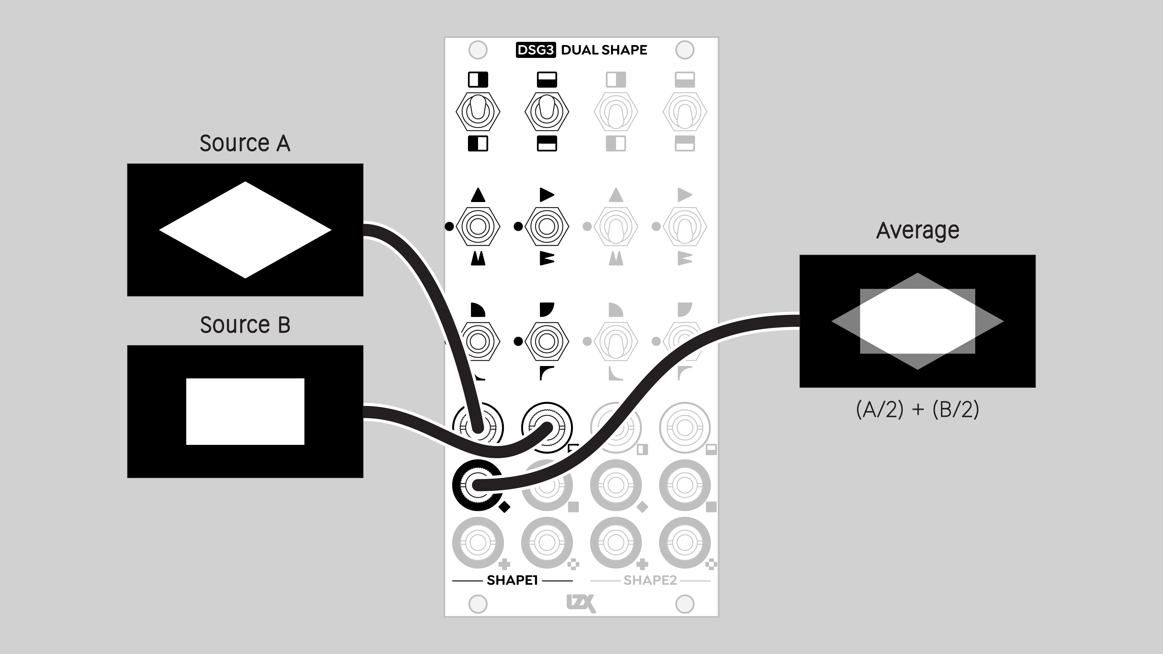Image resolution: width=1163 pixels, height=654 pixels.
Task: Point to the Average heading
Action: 917,231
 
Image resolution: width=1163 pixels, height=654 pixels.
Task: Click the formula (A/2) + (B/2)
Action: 917,409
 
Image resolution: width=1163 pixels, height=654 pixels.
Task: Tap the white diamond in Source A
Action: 245,230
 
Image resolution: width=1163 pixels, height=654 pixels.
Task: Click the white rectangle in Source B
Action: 245,411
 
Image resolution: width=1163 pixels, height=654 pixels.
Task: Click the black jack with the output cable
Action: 477,485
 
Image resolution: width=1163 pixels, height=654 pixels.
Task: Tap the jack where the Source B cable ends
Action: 547,427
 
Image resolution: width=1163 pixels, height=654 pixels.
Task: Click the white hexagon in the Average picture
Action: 917,321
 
